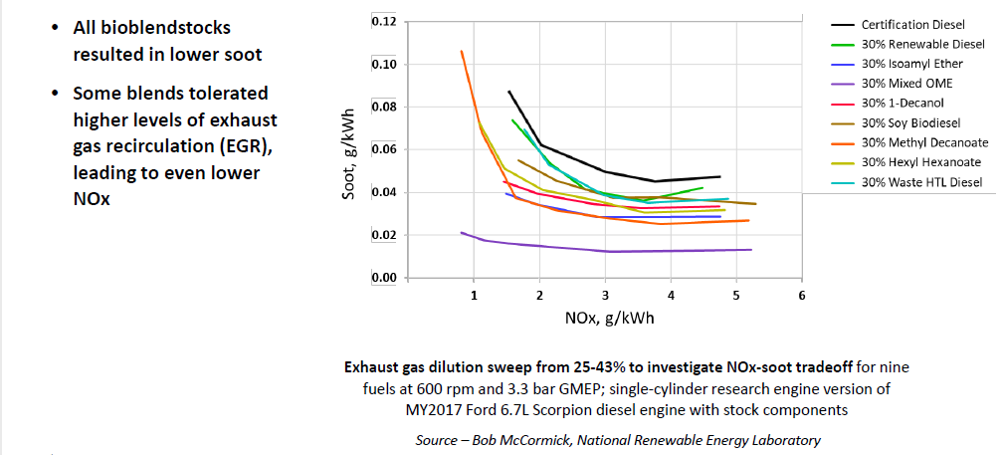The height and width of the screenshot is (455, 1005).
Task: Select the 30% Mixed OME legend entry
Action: (904, 84)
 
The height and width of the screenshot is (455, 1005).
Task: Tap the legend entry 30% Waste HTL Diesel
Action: (921, 182)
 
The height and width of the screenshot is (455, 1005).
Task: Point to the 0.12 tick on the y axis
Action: (384, 22)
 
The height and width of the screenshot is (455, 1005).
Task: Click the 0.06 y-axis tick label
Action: (384, 149)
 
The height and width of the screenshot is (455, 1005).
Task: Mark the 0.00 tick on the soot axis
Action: (384, 278)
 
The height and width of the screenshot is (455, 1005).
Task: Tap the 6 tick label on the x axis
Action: (802, 296)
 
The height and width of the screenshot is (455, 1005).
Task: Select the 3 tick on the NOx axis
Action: (605, 296)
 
